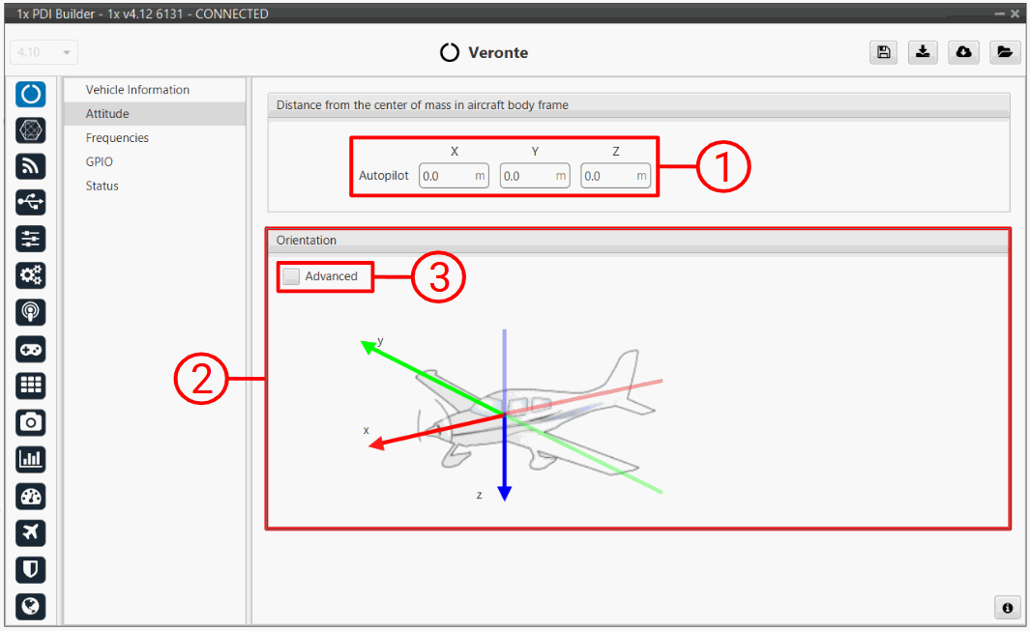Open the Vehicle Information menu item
tap(137, 90)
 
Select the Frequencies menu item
tap(117, 138)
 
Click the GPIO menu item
tap(100, 161)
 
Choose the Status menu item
tap(102, 186)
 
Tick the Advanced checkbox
tap(291, 276)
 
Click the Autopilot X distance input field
tap(454, 176)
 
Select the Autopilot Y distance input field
tap(535, 176)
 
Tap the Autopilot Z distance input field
tap(615, 176)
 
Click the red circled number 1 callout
tap(723, 165)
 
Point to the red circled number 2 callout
tap(201, 379)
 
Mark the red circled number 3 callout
tap(438, 276)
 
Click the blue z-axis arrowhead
tap(505, 494)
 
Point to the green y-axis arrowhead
tap(368, 347)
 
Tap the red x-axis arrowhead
tap(376, 445)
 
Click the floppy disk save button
tap(884, 52)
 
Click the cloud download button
tap(963, 52)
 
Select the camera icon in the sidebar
tap(30, 421)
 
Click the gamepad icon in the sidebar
tap(30, 349)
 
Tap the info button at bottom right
tap(1007, 608)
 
